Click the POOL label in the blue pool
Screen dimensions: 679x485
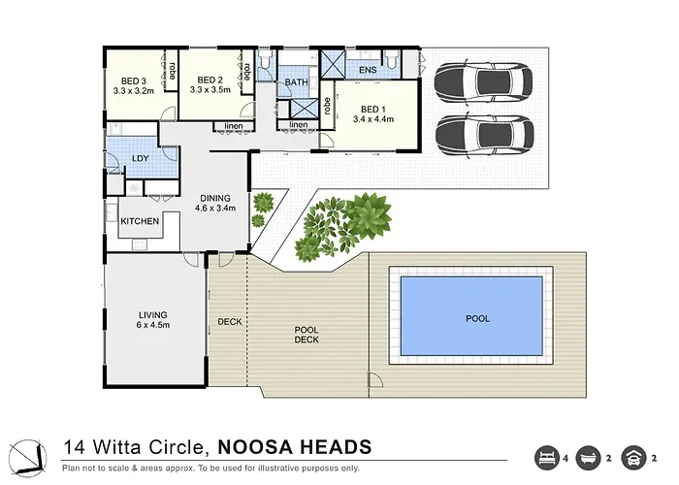pyautogui.click(x=477, y=319)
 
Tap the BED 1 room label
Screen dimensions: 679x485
pyautogui.click(x=373, y=110)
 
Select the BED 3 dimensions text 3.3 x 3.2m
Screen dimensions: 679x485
pyautogui.click(x=134, y=91)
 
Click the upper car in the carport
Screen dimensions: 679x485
pyautogui.click(x=483, y=81)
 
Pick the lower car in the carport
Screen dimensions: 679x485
pyautogui.click(x=485, y=135)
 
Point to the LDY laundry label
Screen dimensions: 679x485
pyautogui.click(x=141, y=158)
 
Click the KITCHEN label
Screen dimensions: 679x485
pyautogui.click(x=140, y=221)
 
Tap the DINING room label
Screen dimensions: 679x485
pyautogui.click(x=215, y=198)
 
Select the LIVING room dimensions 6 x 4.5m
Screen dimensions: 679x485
pyautogui.click(x=153, y=325)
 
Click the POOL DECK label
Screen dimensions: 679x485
pyautogui.click(x=307, y=335)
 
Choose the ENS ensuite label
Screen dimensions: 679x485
pyautogui.click(x=368, y=70)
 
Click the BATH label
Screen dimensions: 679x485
pyautogui.click(x=297, y=82)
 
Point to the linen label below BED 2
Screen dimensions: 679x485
pyautogui.click(x=234, y=126)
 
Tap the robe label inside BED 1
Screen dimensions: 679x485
pyautogui.click(x=327, y=106)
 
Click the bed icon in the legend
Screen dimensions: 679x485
pyautogui.click(x=547, y=458)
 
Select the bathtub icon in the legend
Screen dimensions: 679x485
pyautogui.click(x=588, y=458)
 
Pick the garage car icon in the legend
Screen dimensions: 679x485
pyautogui.click(x=633, y=458)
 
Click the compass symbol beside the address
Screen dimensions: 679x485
pyautogui.click(x=28, y=458)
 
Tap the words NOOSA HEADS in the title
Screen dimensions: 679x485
pyautogui.click(x=295, y=447)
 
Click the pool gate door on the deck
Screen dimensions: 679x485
pyautogui.click(x=375, y=380)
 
